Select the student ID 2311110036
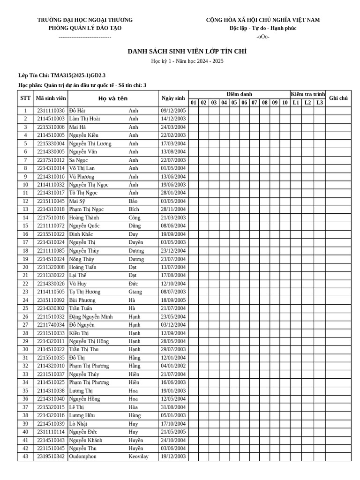point(51,111)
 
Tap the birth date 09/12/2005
point(173,111)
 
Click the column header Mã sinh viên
point(51,98)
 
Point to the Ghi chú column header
point(338,98)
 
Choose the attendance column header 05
point(234,103)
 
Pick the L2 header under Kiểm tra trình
point(307,103)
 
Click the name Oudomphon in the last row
point(82,457)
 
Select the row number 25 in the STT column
point(25,308)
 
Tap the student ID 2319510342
point(51,457)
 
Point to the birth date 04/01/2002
point(173,366)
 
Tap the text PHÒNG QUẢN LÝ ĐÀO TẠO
point(85,28)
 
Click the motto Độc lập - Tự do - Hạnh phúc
point(262,28)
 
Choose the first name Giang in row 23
point(135,292)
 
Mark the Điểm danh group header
point(239,94)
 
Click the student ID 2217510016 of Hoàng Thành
point(51,217)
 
